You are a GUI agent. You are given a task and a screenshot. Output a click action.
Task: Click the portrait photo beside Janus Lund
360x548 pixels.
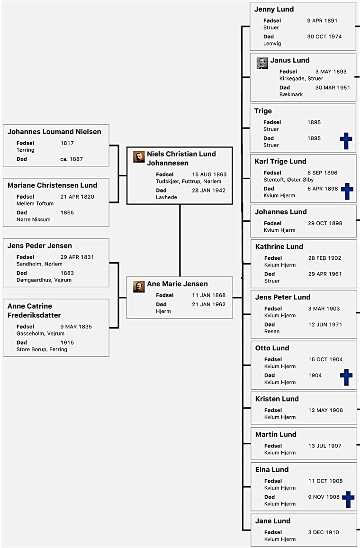tap(262, 63)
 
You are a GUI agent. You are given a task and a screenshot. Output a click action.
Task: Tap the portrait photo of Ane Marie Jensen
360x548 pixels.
tap(139, 287)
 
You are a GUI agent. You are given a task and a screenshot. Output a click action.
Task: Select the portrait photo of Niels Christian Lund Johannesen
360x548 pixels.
tap(139, 156)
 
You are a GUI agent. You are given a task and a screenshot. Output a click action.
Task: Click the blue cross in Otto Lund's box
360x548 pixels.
tap(346, 377)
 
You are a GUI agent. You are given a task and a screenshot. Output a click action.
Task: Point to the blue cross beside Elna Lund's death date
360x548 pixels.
tap(348, 500)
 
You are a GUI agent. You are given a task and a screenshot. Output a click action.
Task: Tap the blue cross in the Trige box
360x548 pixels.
tap(346, 141)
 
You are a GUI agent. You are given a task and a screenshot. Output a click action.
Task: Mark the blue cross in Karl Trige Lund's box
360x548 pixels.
tap(347, 191)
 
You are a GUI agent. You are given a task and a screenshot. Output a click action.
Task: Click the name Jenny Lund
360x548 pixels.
tap(274, 9)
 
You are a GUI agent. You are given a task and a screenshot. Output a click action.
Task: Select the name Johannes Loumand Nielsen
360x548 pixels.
tap(54, 132)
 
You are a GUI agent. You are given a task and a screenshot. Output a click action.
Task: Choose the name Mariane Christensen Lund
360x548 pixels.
tap(53, 185)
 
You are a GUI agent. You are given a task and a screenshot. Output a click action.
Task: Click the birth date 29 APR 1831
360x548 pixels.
tap(77, 257)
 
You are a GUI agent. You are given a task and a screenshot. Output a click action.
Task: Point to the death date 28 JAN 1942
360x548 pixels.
tap(209, 191)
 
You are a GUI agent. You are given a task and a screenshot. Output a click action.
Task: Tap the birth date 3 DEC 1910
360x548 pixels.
tap(324, 532)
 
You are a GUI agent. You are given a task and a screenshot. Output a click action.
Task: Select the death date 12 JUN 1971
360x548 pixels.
tap(325, 324)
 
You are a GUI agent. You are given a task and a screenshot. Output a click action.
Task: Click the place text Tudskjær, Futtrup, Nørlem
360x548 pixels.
tap(189, 182)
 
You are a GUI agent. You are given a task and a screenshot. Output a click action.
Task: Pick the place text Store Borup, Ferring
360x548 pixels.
tap(42, 349)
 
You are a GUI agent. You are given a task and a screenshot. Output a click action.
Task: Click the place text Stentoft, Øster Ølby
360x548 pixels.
tap(288, 180)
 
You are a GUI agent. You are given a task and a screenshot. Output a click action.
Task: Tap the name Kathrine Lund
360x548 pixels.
tap(279, 247)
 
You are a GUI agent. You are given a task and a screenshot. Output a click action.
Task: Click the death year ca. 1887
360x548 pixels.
tap(72, 159)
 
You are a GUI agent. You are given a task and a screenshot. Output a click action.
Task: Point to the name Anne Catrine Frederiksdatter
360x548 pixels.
tap(34, 311)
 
